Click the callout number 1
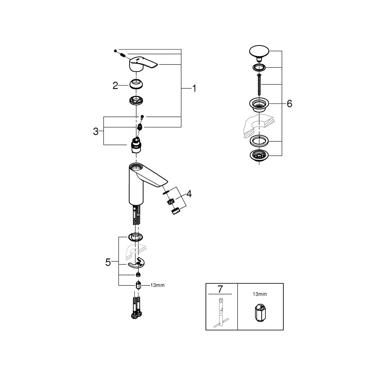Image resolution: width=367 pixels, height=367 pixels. click(x=194, y=88)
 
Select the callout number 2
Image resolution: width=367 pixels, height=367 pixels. click(x=115, y=86)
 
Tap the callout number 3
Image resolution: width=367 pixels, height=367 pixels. click(x=96, y=131)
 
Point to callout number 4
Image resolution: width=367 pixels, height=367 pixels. click(x=189, y=194)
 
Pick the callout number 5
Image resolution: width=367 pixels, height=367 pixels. click(x=108, y=262)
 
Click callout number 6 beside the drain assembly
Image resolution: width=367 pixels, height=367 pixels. click(x=290, y=104)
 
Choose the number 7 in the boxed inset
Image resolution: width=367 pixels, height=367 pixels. click(x=220, y=289)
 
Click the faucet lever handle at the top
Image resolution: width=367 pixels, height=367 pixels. click(x=143, y=63)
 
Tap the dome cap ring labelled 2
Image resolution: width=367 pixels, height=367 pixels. click(x=137, y=84)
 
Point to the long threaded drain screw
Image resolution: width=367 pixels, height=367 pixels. click(x=259, y=84)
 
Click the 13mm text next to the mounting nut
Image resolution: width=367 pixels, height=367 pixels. click(x=157, y=285)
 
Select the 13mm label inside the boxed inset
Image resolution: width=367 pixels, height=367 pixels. click(x=260, y=294)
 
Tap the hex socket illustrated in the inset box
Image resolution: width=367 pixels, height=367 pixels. click(x=260, y=313)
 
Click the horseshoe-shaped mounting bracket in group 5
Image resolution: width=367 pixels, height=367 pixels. click(x=137, y=264)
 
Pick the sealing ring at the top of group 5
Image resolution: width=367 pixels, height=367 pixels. click(x=136, y=237)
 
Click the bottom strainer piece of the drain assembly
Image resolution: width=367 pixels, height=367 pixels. click(x=259, y=155)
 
